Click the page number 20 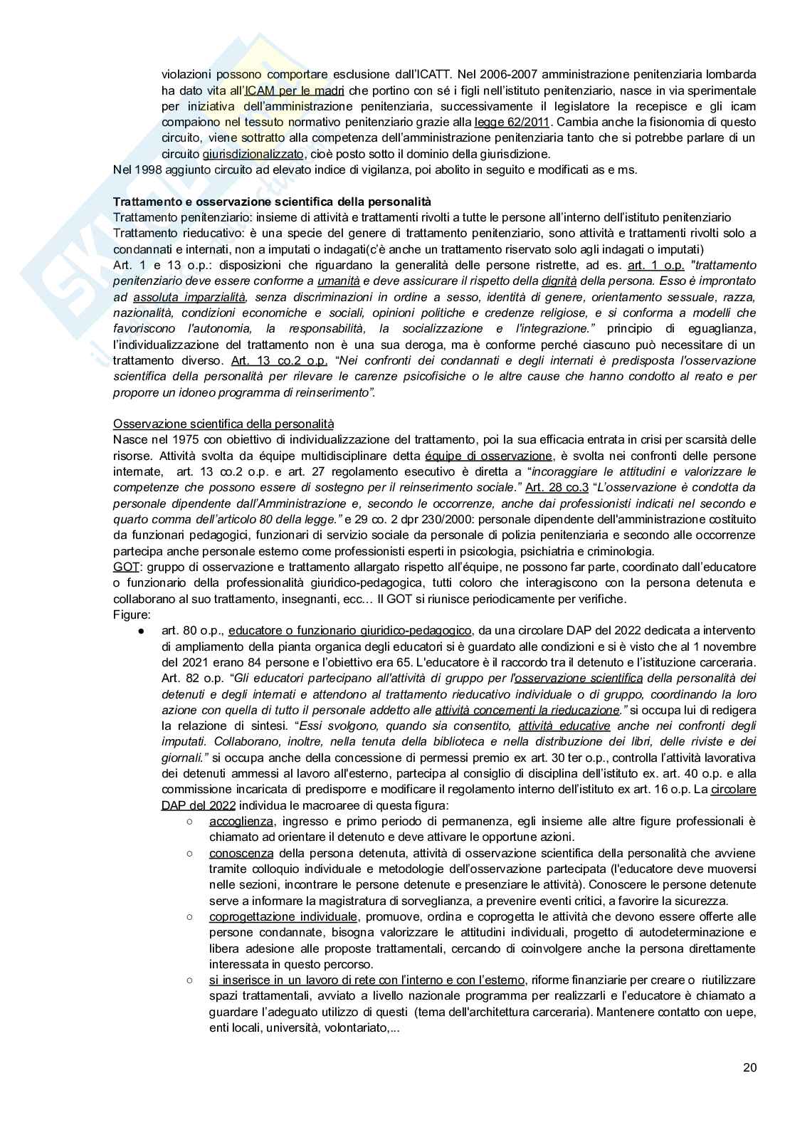pos(749,1067)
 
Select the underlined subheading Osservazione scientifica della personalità pos(223,424)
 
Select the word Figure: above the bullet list pos(132,614)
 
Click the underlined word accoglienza pos(241,822)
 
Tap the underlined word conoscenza pos(241,853)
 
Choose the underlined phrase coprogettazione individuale pos(283,916)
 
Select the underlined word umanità pos(339,281)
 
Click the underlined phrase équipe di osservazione pos(488,456)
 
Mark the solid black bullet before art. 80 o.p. pos(142,632)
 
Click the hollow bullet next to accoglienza pos(190,822)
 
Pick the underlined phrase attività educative pos(564,726)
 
